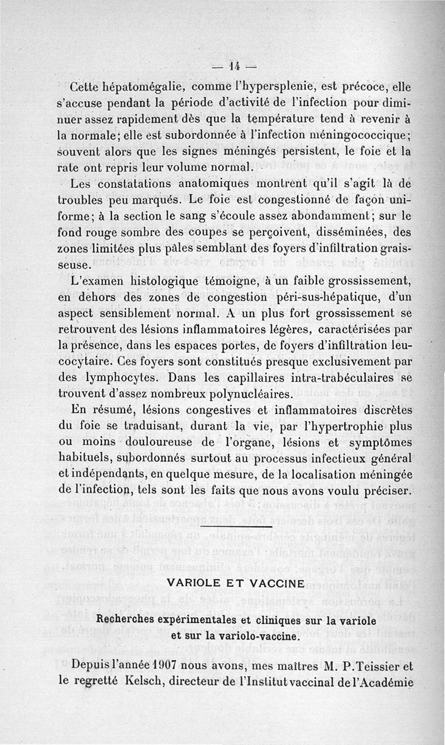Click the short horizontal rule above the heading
pyautogui.click(x=236, y=527)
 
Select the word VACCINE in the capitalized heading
pyautogui.click(x=274, y=583)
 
